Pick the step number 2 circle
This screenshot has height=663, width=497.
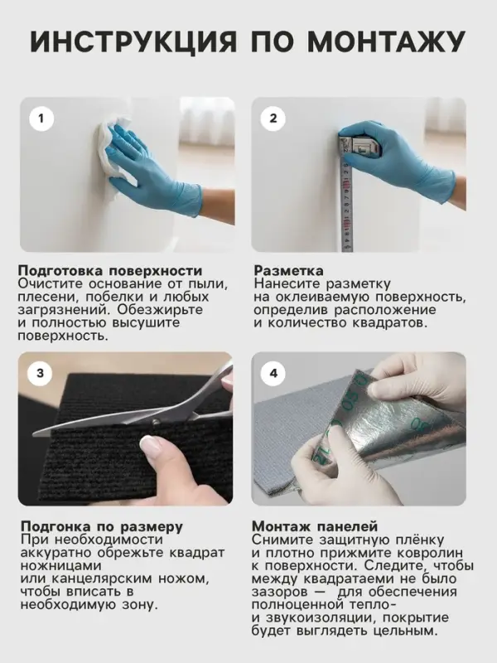[273, 119]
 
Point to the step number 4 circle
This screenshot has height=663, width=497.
[273, 374]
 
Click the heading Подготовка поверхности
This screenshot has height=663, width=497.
[109, 271]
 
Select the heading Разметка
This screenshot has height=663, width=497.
[288, 271]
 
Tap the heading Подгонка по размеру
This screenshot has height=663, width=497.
[100, 526]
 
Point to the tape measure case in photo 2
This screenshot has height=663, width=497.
[362, 146]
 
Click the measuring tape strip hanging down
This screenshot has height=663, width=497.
[346, 207]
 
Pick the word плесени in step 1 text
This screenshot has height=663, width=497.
[46, 298]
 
